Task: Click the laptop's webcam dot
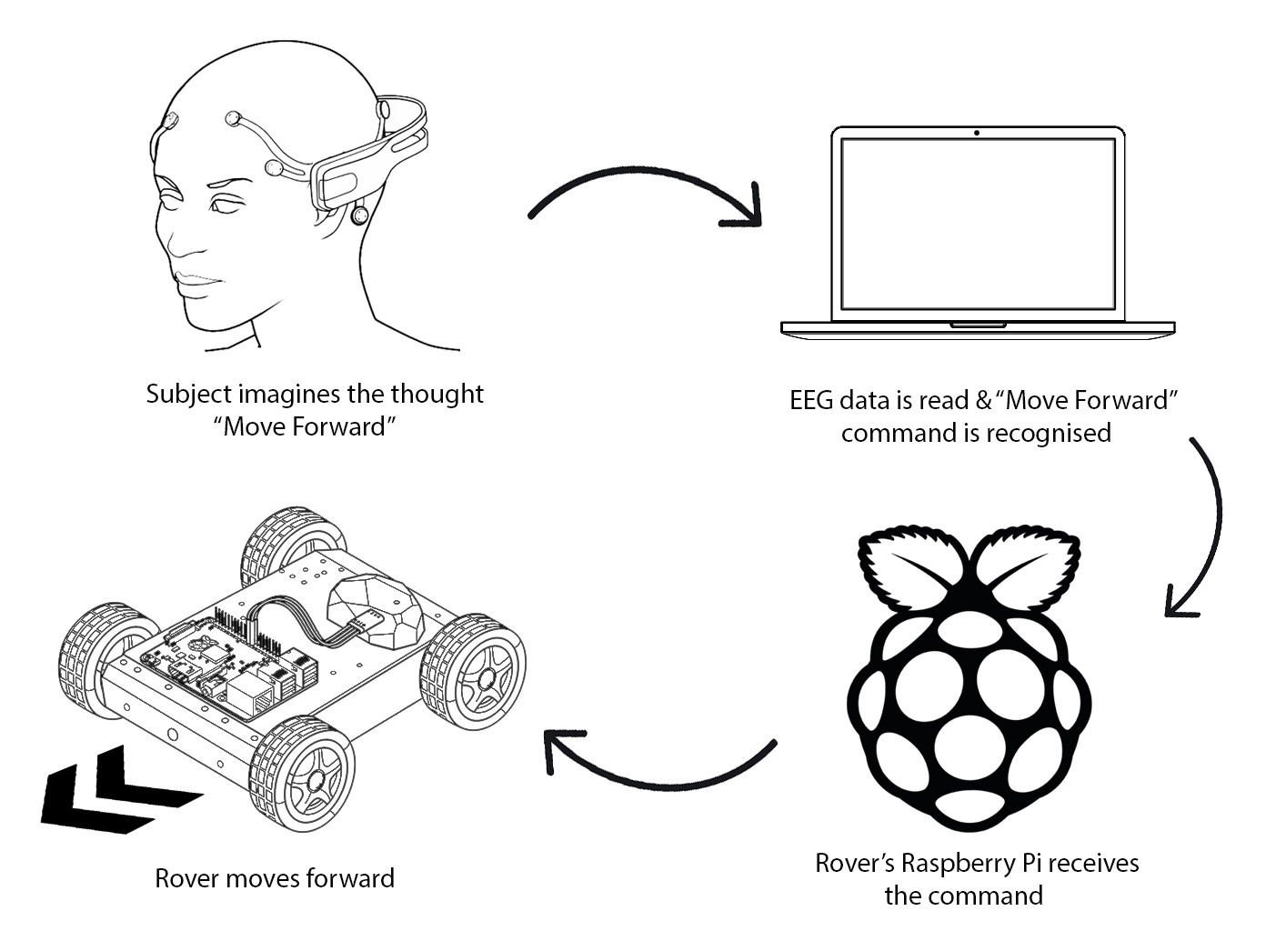[977, 133]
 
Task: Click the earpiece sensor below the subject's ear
[360, 215]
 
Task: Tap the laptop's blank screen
[978, 227]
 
